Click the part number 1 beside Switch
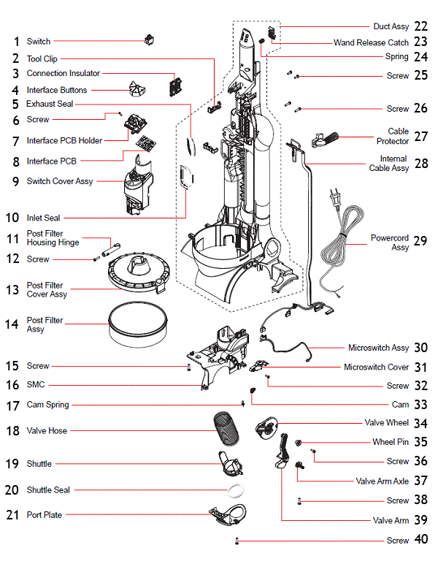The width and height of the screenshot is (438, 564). point(15,42)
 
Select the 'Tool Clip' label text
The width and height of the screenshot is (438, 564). point(42,58)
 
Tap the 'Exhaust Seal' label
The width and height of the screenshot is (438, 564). point(50,104)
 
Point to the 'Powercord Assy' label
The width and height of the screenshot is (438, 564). point(390,243)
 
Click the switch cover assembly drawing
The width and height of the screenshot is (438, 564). point(137,187)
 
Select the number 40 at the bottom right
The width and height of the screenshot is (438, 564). point(420,541)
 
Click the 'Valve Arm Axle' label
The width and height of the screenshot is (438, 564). point(382,481)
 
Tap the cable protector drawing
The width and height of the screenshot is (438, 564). point(327,137)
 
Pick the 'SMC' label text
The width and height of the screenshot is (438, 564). point(35,384)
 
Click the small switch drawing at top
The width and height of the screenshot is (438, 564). point(151,41)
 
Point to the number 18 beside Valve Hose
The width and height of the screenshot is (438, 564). point(12,431)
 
